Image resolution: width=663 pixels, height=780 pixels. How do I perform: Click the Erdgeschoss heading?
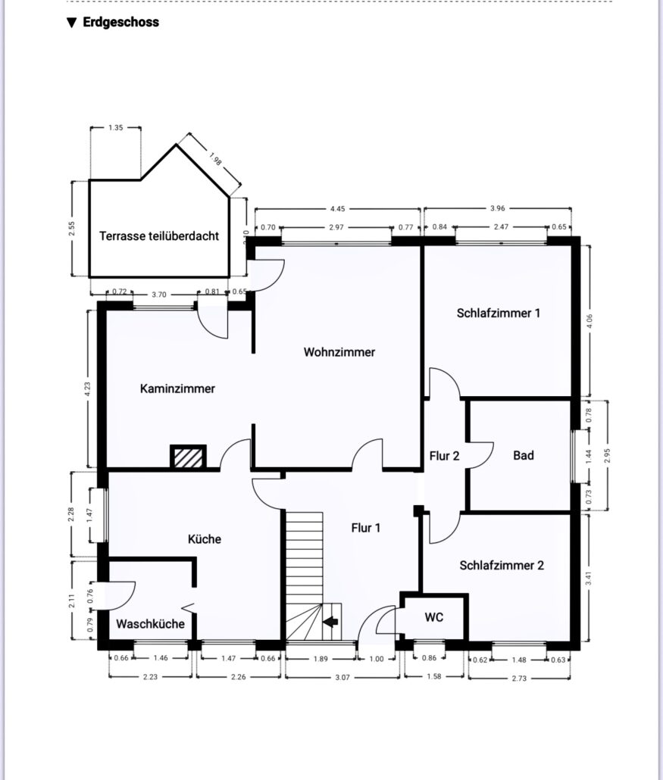click(120, 23)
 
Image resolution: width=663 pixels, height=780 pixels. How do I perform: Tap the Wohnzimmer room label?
click(339, 352)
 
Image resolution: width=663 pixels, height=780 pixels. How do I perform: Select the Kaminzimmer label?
click(177, 388)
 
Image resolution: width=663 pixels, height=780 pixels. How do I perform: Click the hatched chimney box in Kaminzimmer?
click(188, 457)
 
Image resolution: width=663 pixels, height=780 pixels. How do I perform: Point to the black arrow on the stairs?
click(330, 621)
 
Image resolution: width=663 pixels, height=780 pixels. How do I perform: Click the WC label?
click(433, 617)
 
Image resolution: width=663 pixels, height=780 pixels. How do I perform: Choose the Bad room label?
click(523, 455)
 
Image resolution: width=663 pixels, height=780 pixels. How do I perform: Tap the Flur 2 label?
click(444, 456)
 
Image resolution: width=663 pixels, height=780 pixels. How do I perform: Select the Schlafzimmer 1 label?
click(499, 313)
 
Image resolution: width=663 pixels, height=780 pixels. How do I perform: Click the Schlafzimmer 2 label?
click(502, 565)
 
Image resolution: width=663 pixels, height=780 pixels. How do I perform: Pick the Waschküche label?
click(150, 624)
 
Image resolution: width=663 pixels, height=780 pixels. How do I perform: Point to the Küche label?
click(204, 538)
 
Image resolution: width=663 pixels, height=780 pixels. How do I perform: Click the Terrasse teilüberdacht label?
click(159, 236)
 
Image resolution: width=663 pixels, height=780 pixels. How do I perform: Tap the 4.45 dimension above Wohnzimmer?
click(337, 209)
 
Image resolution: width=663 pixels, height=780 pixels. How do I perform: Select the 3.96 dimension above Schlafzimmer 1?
click(497, 208)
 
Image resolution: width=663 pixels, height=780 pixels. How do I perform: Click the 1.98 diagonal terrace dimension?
click(215, 159)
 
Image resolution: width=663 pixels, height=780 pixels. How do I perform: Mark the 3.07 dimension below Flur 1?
click(342, 677)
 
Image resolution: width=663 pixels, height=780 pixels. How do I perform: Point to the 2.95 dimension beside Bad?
click(606, 455)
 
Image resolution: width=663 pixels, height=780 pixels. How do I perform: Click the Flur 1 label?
click(366, 528)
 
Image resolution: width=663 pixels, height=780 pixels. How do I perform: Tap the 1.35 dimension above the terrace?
click(115, 128)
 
